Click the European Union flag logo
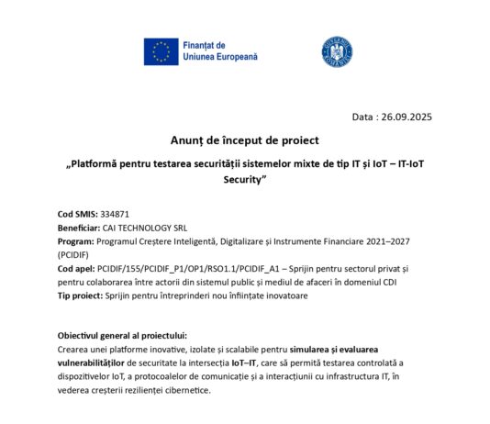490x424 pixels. click(x=161, y=51)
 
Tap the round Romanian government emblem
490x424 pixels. click(x=331, y=51)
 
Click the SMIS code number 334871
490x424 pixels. click(x=116, y=213)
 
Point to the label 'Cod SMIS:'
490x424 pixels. click(x=77, y=213)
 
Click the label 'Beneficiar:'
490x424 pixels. click(x=81, y=227)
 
